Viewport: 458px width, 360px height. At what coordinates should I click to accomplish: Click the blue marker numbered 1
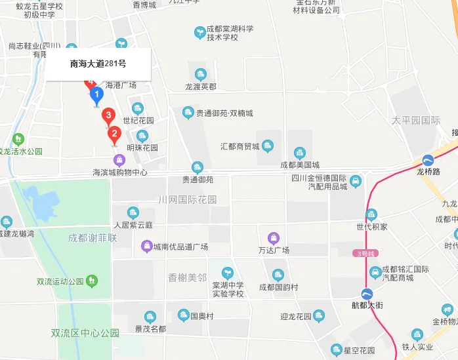pyautogui.click(x=96, y=96)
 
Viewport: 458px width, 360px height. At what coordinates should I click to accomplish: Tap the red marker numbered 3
pyautogui.click(x=108, y=116)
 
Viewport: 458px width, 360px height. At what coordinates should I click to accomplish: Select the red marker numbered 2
pyautogui.click(x=114, y=135)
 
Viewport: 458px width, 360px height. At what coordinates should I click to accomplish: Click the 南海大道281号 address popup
pyautogui.click(x=98, y=64)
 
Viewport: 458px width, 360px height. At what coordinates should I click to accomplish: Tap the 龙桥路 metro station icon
pyautogui.click(x=428, y=159)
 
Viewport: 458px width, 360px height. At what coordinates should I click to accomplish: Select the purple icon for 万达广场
pyautogui.click(x=274, y=237)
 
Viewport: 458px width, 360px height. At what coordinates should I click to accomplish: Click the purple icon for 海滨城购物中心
pyautogui.click(x=119, y=159)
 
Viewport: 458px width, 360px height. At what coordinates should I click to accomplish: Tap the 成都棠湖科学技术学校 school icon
pyautogui.click(x=200, y=31)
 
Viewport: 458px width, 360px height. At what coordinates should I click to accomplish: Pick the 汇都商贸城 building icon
pyautogui.click(x=268, y=146)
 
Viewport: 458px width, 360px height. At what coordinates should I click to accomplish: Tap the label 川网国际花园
pyautogui.click(x=188, y=199)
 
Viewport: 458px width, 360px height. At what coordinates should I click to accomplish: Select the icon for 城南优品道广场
pyautogui.click(x=147, y=247)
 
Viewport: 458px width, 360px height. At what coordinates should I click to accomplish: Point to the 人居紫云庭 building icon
pyautogui.click(x=133, y=212)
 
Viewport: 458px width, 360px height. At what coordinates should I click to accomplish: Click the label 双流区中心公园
pyautogui.click(x=85, y=332)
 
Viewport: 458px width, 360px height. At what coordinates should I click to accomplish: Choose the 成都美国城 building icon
pyautogui.click(x=300, y=153)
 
